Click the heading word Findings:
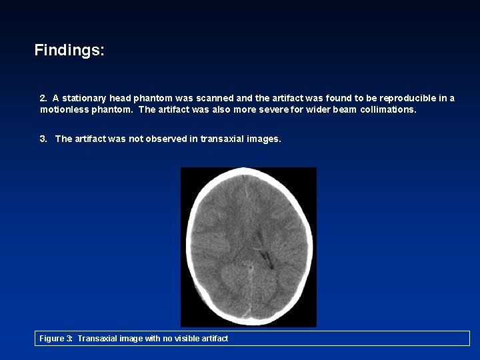click(x=69, y=50)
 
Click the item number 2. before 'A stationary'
click(x=44, y=98)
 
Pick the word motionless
click(x=64, y=109)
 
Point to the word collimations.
click(x=389, y=109)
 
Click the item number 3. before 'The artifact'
click(x=44, y=139)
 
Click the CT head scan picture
click(x=249, y=247)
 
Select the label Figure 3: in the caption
click(x=56, y=339)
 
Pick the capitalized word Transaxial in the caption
click(x=98, y=339)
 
